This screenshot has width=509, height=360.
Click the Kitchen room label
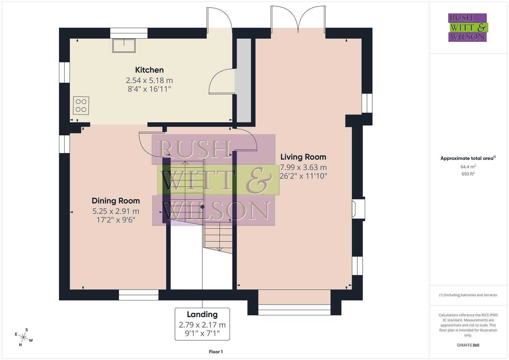point(149,70)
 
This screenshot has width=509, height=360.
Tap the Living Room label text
point(303,157)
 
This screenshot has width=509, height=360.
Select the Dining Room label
point(116,201)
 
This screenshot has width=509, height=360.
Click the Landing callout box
point(202,324)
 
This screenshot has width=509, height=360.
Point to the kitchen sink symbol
point(124,46)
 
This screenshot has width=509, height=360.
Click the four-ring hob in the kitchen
point(81,105)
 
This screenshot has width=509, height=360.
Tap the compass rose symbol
point(23,337)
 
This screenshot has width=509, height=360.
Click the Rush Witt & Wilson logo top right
point(467,27)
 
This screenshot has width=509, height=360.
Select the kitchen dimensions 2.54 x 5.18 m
point(149,80)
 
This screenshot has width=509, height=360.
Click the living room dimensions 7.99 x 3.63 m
point(303,167)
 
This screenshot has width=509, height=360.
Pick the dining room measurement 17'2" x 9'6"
point(116,220)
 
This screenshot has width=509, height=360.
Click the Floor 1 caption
point(216,352)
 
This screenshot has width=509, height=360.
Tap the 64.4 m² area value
point(468,167)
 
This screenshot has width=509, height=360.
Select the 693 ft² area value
point(468,174)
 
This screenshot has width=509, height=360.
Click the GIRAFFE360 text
point(468,345)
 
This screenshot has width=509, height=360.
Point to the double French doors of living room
point(298,20)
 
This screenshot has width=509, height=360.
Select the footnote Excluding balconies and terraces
point(468,295)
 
